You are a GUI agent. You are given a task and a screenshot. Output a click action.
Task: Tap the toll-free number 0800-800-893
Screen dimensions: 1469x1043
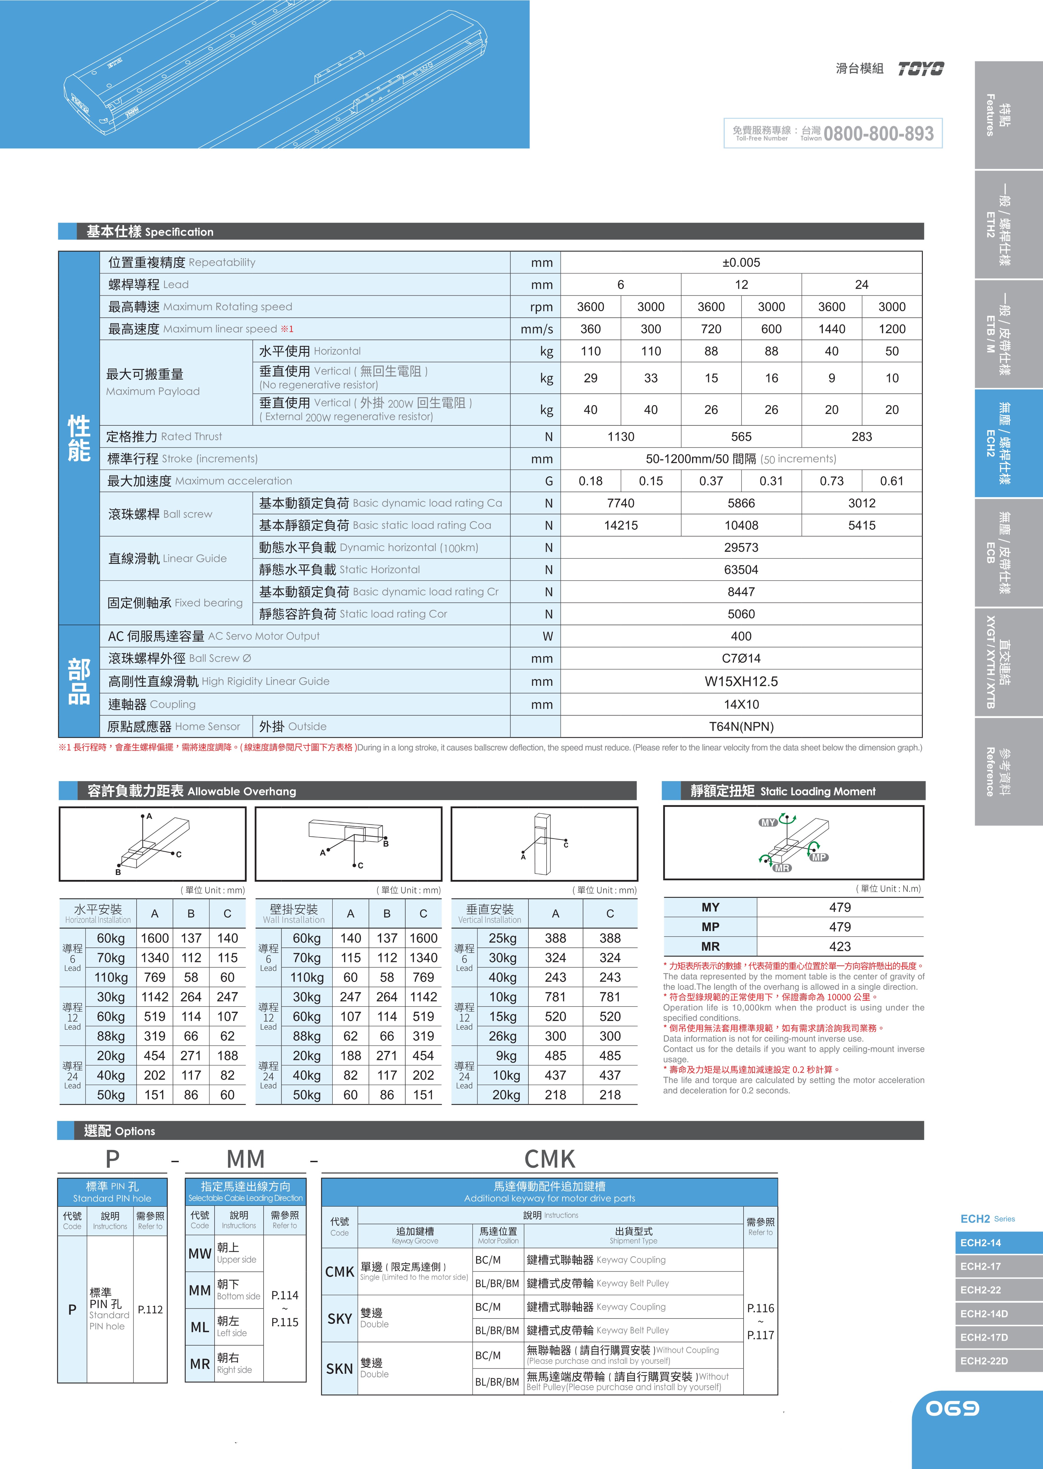(878, 134)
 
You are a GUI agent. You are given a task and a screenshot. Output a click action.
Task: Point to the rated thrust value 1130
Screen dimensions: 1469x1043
(620, 437)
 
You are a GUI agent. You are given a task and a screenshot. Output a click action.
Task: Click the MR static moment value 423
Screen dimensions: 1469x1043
(839, 946)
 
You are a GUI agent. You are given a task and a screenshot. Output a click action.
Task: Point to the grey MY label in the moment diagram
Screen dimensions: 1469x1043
(768, 822)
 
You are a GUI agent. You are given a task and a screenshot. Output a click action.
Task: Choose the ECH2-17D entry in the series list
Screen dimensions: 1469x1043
(984, 1337)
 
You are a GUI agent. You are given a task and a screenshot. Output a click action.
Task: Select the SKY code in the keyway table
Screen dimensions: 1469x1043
(339, 1319)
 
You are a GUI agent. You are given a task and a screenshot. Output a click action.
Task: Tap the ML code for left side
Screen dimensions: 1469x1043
(200, 1327)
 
